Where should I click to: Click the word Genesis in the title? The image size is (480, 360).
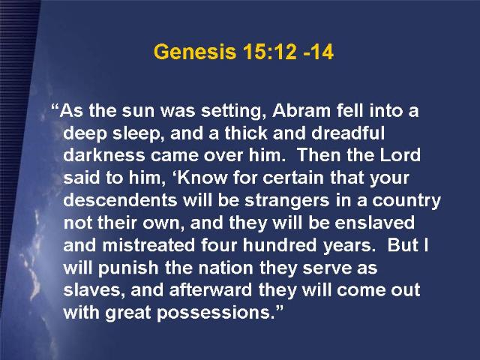pos(195,52)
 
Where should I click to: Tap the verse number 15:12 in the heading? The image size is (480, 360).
pos(270,52)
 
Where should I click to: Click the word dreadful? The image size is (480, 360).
pos(348,133)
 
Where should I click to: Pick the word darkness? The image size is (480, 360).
pos(104,155)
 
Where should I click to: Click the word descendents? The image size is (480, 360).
pos(120,200)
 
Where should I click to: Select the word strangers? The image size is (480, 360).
pos(287,201)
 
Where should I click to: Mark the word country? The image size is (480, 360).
pos(406,201)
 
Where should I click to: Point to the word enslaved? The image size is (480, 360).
pos(375,222)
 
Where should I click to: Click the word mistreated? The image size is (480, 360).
pos(148,245)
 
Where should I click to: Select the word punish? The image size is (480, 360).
pos(128,268)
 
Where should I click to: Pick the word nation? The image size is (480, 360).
pos(226,268)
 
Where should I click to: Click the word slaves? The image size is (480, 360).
pos(94,290)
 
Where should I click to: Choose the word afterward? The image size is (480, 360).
pos(211,289)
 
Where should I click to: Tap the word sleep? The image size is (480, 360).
pos(136,133)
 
